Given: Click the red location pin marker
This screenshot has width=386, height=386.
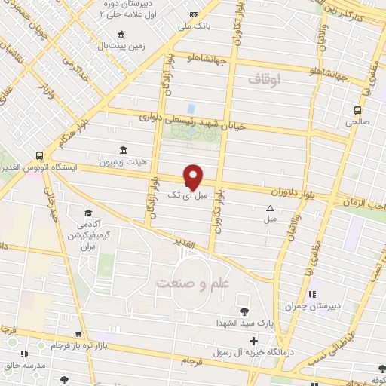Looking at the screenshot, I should point(194,176).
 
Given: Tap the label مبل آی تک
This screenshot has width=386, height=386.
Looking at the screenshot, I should point(186,195).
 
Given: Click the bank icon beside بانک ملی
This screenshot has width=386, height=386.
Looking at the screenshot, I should point(195,15).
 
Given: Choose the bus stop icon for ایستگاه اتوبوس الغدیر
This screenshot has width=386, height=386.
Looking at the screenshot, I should point(39,155).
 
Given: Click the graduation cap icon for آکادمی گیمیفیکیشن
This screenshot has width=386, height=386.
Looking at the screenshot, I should point(88,213).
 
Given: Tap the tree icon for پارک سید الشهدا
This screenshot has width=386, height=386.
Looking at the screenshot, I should point(243,311).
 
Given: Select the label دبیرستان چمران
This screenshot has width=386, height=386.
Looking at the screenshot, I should point(309,307).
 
